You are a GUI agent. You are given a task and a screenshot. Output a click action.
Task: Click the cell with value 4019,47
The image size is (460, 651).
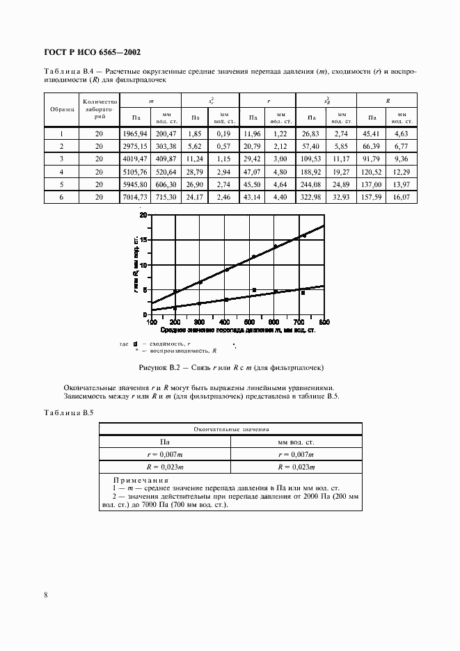pos(135,159)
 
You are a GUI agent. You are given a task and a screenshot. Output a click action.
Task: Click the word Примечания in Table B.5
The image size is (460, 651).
pos(139,480)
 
